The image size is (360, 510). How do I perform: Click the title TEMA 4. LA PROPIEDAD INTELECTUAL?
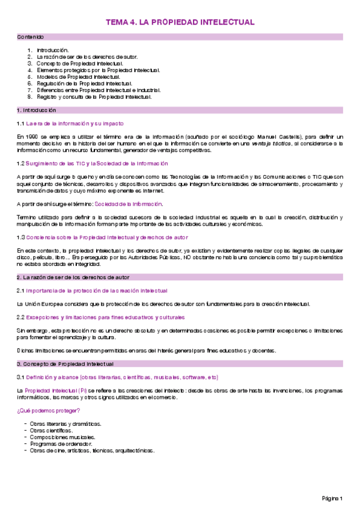(180, 22)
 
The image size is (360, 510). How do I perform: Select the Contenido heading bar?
(180, 37)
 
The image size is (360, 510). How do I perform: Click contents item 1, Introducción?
(52, 50)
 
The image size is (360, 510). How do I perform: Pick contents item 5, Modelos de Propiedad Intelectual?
(78, 76)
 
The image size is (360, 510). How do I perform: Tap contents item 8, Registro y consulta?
(94, 96)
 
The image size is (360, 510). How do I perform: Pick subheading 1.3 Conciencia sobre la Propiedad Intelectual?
(102, 237)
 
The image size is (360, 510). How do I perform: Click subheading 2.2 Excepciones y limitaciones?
(100, 317)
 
